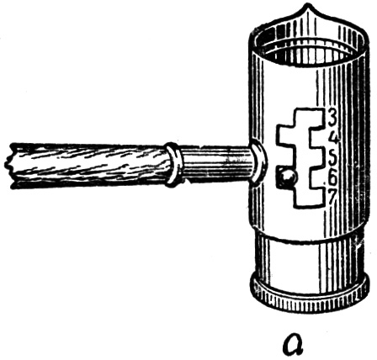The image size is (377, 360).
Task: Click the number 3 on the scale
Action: point(332,118)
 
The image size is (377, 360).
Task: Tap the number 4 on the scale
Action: point(333,138)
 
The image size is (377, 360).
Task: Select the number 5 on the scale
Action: point(332,159)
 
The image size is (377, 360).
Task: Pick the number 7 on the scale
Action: point(332,198)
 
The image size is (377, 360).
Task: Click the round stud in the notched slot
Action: point(288,178)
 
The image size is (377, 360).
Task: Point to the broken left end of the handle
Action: point(10,166)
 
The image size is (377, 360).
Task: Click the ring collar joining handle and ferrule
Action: point(173,164)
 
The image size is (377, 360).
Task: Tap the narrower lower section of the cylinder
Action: point(309,258)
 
